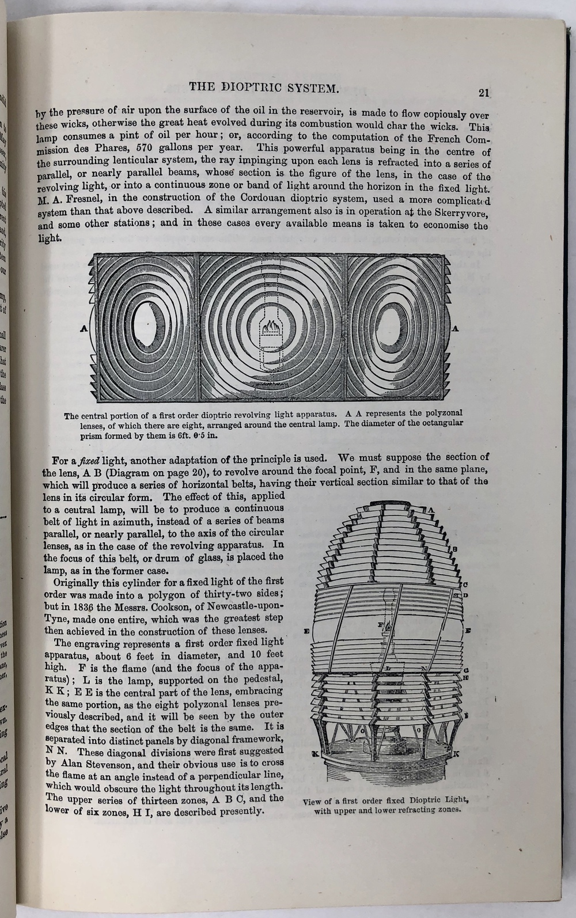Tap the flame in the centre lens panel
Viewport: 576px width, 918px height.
270,329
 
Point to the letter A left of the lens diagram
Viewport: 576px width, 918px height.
84,329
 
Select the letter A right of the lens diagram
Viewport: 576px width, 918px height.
456,329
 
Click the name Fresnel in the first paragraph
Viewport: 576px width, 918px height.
75,199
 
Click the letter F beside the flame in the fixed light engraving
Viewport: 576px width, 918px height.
380,624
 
